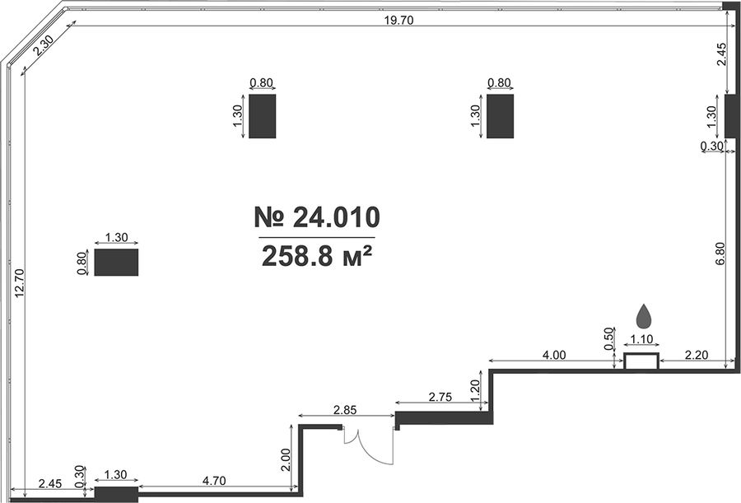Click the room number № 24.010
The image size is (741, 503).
(x=317, y=217)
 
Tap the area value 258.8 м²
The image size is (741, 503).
(x=316, y=257)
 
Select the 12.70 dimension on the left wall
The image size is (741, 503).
(x=19, y=282)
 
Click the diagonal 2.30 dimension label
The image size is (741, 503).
(x=44, y=46)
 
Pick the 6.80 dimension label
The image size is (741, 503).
(x=720, y=254)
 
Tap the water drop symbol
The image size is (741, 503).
(x=644, y=316)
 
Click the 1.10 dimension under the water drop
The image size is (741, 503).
(x=641, y=339)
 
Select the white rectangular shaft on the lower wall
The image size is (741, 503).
(x=641, y=361)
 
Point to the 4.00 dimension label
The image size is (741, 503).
(x=554, y=355)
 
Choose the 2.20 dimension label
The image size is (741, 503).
(x=696, y=355)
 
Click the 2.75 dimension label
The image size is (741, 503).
(x=440, y=397)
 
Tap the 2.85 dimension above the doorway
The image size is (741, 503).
(x=344, y=410)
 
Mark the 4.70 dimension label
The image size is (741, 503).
(x=213, y=481)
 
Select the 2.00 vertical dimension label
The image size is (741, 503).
(x=285, y=460)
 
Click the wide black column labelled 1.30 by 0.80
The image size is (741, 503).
(x=116, y=263)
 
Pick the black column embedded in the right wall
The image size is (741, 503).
(x=729, y=116)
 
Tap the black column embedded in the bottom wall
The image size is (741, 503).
(x=116, y=495)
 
